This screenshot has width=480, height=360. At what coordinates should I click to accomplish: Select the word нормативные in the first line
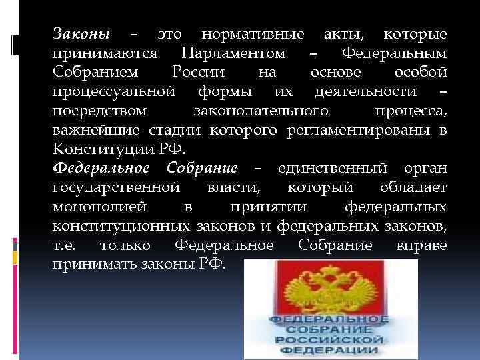253,34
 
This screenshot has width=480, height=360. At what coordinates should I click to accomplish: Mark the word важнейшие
91,127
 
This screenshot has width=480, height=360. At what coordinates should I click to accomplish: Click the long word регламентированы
361,127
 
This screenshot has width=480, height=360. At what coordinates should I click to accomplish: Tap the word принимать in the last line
94,264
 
